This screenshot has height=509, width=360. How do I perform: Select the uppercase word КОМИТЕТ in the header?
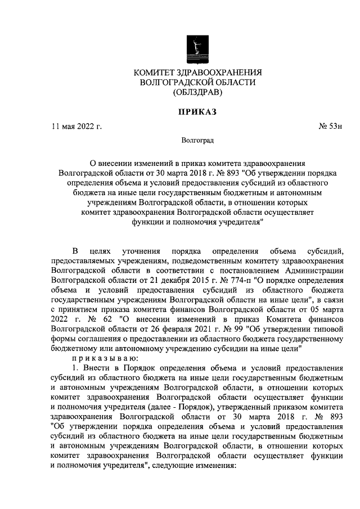pos(156,71)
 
